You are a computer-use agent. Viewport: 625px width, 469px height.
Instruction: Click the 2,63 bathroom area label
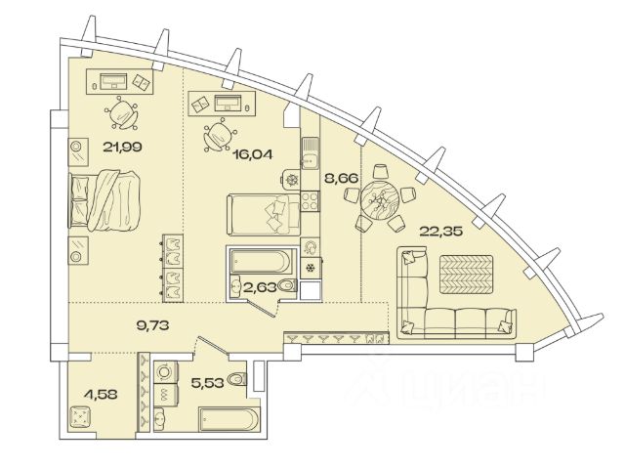click(x=258, y=286)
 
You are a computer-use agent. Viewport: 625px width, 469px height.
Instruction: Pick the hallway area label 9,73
click(x=150, y=326)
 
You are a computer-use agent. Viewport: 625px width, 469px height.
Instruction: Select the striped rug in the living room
click(x=466, y=274)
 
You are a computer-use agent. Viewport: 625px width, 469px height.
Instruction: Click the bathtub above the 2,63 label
click(x=260, y=261)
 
